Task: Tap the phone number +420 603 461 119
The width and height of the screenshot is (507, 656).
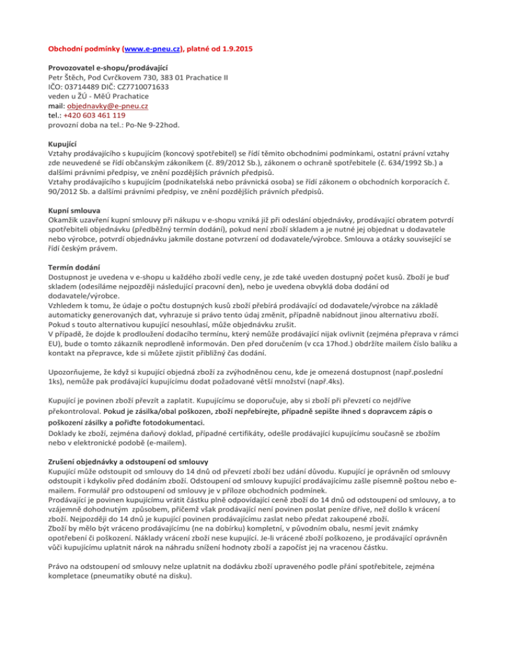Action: (92, 114)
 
